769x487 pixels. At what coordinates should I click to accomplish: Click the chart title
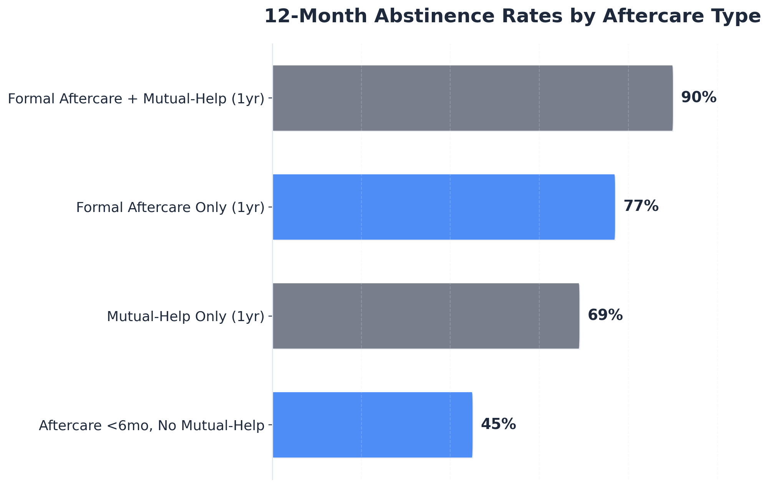(512, 17)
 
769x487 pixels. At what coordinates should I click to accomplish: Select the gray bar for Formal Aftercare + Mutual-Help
(472, 98)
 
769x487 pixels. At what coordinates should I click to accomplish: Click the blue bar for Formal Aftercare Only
(444, 207)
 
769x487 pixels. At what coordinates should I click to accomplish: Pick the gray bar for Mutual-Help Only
(426, 316)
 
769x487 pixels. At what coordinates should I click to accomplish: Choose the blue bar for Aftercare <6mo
(372, 425)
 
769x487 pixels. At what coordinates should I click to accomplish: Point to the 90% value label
(698, 98)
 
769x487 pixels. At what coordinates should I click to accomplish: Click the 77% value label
(641, 206)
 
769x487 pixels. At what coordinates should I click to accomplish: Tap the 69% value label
(605, 315)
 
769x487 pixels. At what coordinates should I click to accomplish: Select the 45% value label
(498, 424)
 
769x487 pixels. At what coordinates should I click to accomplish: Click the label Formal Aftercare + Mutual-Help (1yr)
(136, 99)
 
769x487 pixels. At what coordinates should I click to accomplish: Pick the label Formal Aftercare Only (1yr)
(170, 207)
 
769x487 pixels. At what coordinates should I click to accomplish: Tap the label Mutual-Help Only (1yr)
(186, 316)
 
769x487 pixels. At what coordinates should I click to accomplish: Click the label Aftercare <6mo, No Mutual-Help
(151, 426)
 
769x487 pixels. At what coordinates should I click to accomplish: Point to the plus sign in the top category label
(135, 99)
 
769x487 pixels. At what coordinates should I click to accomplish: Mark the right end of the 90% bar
(672, 98)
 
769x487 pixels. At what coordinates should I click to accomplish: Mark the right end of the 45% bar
(471, 425)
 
